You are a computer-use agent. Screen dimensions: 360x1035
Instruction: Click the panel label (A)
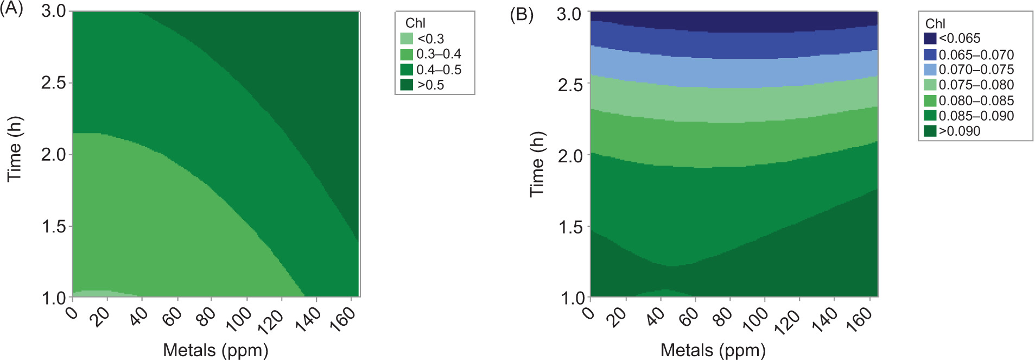tap(11, 9)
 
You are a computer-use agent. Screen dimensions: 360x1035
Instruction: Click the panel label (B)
tap(521, 14)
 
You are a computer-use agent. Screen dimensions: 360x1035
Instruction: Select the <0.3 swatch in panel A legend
tap(407, 39)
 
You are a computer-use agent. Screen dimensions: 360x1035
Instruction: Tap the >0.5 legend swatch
tap(407, 85)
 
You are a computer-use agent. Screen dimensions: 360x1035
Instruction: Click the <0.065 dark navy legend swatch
tap(930, 38)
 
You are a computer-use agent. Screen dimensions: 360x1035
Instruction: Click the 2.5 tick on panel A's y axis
tap(53, 83)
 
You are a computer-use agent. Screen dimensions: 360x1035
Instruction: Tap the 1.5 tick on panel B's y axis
tap(570, 227)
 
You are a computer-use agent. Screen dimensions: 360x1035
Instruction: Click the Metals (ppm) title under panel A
tap(215, 350)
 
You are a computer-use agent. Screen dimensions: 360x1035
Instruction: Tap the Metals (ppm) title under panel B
tap(713, 350)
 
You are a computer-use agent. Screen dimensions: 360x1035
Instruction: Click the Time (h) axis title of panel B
tap(537, 163)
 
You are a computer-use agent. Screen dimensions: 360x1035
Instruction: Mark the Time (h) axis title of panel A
tap(15, 149)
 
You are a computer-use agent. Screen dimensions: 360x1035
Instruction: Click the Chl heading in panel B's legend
tap(935, 23)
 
